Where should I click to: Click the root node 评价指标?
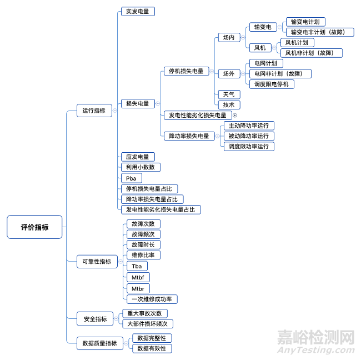[x=34, y=227]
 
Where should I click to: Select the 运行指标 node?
[x=94, y=111]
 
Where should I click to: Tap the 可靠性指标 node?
[x=97, y=261]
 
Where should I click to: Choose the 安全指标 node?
[x=95, y=319]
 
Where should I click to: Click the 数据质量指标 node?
[x=99, y=343]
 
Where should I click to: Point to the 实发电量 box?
[x=137, y=11]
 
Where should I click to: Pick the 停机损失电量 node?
[x=187, y=71]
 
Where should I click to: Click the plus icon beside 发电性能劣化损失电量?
[x=234, y=115]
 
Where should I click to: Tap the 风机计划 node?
[x=297, y=43]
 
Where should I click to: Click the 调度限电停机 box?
[x=271, y=84]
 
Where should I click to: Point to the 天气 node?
[x=228, y=94]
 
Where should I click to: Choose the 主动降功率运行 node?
[x=248, y=126]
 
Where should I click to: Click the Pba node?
[x=131, y=178]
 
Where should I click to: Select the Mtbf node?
[x=137, y=277]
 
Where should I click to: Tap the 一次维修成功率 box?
[x=152, y=299]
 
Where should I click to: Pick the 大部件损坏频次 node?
[x=147, y=324]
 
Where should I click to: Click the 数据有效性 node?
[x=151, y=348]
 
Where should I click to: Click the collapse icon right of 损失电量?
[x=157, y=103]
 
